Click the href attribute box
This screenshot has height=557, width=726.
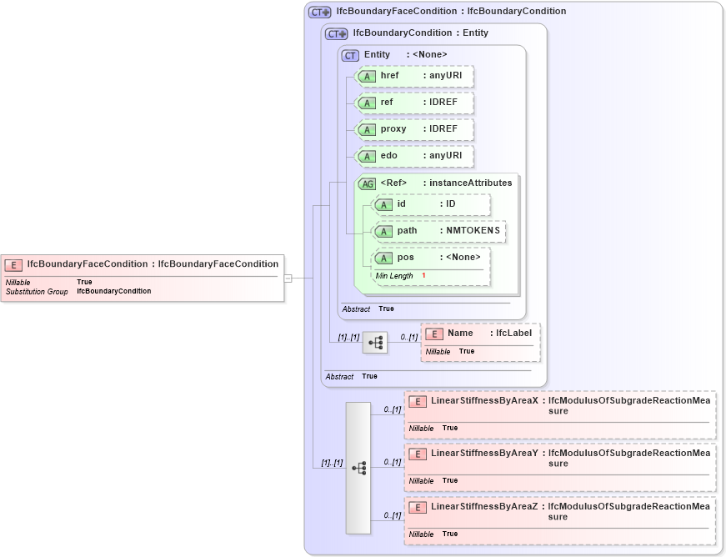coord(414,76)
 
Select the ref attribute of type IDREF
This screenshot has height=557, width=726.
coord(414,103)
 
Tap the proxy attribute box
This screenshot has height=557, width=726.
coord(414,129)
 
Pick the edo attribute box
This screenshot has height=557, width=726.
coord(414,156)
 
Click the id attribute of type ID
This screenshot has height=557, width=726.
coord(430,204)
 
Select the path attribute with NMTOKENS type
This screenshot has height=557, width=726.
coord(438,231)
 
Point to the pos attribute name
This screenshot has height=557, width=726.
coord(405,257)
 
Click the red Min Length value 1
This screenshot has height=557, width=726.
coord(423,275)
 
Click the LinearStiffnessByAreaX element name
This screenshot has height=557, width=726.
coord(484,401)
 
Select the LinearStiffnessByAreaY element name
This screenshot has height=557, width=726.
coord(484,454)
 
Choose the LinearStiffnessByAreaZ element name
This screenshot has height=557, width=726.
coord(484,507)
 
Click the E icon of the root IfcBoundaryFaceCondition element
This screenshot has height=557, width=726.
coord(13,264)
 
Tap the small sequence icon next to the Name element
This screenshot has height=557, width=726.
coord(375,343)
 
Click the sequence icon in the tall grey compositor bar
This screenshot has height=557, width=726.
coord(358,468)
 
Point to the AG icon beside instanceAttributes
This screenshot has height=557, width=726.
coord(367,183)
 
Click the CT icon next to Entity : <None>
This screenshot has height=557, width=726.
coord(351,55)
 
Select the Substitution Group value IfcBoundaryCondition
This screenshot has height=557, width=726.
coord(114,292)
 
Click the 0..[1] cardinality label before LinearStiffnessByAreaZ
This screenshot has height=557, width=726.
coord(393,515)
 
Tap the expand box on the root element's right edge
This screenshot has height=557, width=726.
coord(288,278)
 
